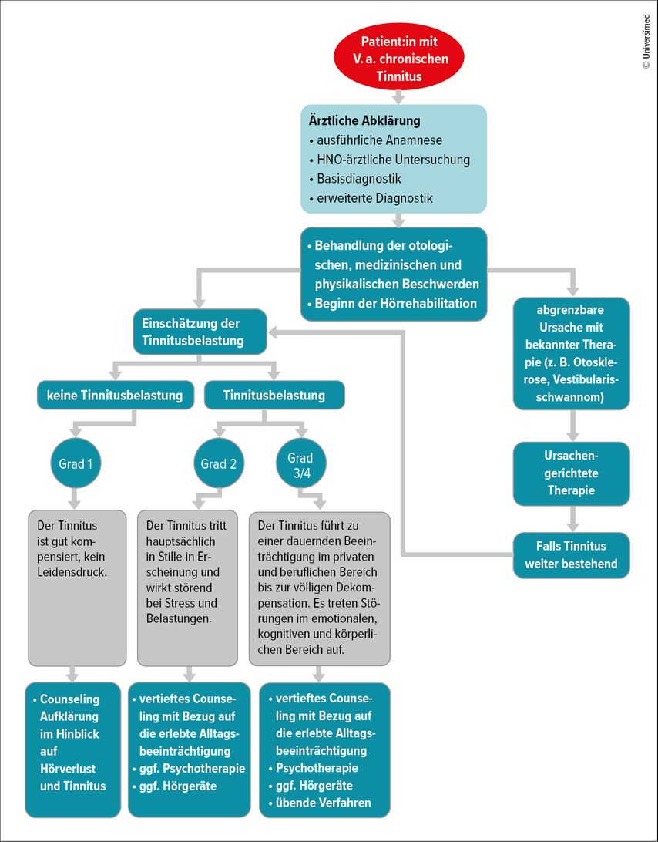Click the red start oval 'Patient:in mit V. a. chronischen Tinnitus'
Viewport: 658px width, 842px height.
[x=398, y=58]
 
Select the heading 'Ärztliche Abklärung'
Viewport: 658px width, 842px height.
[x=364, y=120]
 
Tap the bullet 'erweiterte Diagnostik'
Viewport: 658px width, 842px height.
[x=371, y=198]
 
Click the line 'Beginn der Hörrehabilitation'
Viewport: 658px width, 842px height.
[x=391, y=303]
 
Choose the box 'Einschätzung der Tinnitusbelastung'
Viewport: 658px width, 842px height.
[x=200, y=332]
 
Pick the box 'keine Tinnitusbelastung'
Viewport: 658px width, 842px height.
[x=115, y=396]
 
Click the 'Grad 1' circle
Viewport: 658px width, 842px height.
[x=76, y=463]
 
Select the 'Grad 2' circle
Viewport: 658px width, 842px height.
[x=219, y=463]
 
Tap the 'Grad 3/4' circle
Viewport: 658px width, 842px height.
[x=300, y=463]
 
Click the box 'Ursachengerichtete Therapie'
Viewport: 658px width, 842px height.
[x=571, y=473]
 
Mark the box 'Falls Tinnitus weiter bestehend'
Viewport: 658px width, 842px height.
[x=571, y=555]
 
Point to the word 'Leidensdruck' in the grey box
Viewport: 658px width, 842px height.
[x=72, y=572]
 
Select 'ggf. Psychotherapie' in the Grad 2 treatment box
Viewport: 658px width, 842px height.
[x=188, y=769]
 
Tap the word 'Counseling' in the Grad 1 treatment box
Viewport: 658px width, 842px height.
[x=70, y=699]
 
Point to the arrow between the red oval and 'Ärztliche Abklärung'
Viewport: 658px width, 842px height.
[x=398, y=97]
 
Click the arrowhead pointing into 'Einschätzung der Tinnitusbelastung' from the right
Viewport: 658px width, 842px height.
[x=273, y=333]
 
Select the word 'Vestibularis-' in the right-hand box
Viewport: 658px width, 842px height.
[x=586, y=379]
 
